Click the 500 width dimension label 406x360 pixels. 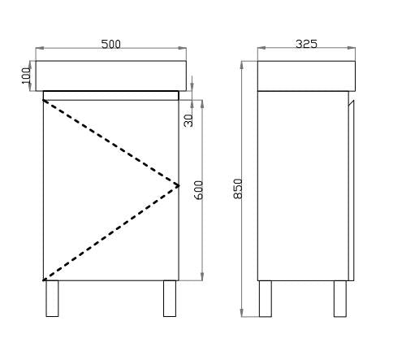click(110, 44)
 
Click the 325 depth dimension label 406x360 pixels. click(306, 44)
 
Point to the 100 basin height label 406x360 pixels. click(26, 76)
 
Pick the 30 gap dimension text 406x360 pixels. click(188, 119)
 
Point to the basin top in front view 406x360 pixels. click(110, 75)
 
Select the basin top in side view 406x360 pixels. click(306, 75)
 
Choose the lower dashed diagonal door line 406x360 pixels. click(110, 232)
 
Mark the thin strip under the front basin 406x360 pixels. click(110, 95)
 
